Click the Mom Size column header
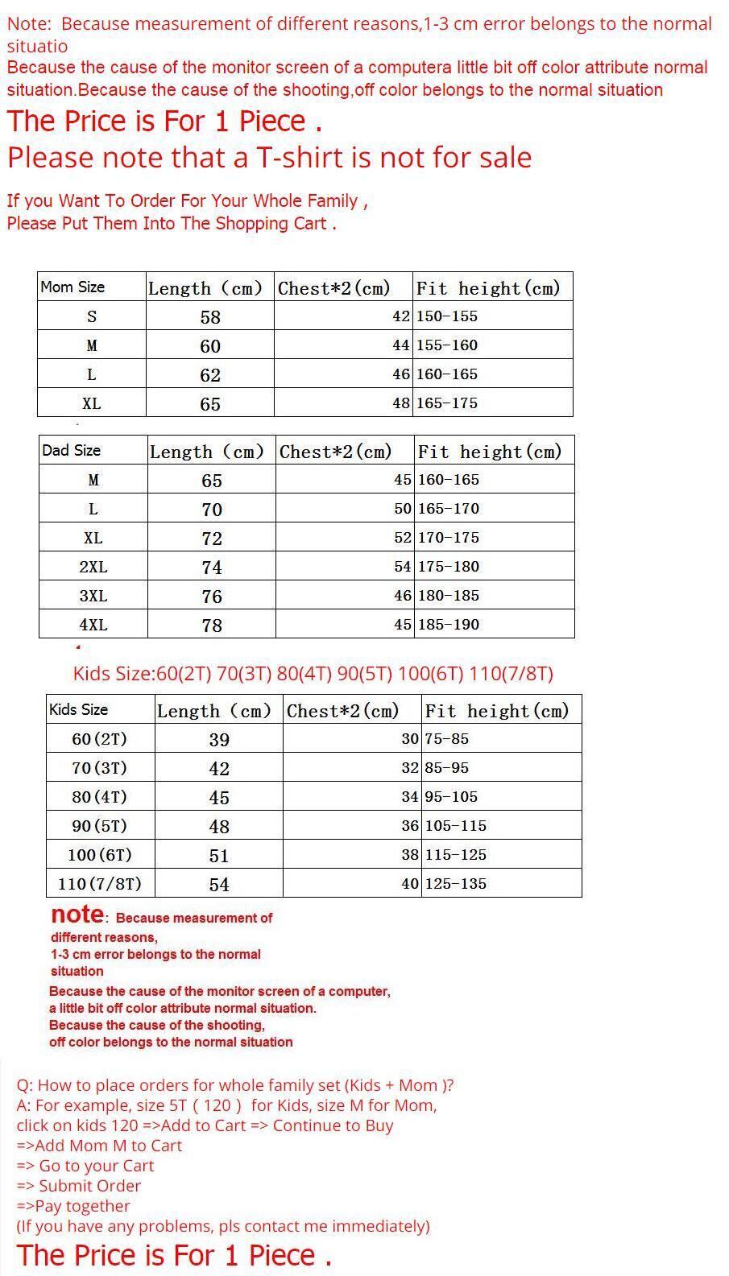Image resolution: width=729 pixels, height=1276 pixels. [72, 287]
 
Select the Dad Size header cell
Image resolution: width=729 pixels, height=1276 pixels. [71, 451]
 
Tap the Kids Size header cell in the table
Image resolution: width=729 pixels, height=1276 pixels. [78, 710]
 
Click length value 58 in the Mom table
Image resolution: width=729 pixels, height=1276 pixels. [210, 317]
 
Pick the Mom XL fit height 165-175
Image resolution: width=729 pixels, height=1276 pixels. [447, 403]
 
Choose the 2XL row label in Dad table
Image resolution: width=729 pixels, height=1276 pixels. [93, 568]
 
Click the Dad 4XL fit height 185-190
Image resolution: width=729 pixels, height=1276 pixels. [449, 625]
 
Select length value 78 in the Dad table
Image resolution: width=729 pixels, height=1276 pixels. [212, 626]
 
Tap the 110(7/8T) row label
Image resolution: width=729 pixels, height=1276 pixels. [100, 884]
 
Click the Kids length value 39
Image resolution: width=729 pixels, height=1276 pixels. [219, 740]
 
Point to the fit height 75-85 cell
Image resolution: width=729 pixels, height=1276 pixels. [447, 739]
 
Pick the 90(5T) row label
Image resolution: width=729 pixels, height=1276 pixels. [100, 826]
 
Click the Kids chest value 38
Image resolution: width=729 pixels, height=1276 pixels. [410, 855]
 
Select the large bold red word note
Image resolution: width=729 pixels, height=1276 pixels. [77, 915]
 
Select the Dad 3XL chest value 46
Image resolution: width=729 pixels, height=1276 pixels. [403, 596]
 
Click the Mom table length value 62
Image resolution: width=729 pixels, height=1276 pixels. [210, 375]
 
